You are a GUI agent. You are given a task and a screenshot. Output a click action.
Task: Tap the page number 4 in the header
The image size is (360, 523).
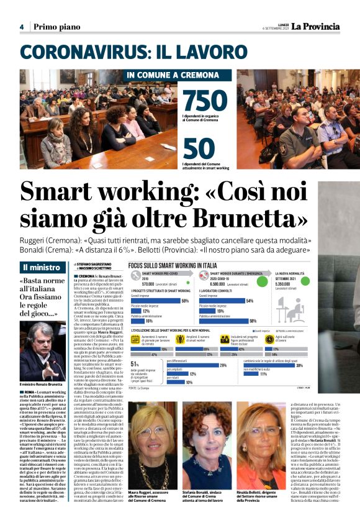[21, 27]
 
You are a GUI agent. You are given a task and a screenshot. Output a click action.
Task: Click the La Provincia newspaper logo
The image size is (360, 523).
[312, 26]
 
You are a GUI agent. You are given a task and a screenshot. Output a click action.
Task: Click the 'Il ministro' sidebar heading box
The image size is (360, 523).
[44, 268]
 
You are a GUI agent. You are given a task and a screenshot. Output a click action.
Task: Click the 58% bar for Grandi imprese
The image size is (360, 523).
[166, 283]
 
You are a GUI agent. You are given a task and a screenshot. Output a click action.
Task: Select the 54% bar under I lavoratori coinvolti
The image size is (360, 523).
[235, 283]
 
